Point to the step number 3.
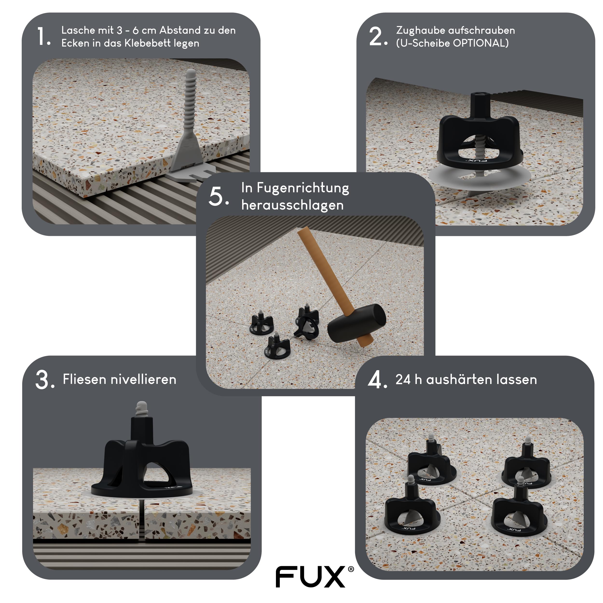click(x=44, y=380)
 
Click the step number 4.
click(x=376, y=380)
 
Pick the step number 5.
click(x=217, y=197)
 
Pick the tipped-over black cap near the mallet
click(x=308, y=325)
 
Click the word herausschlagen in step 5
click(x=292, y=205)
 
